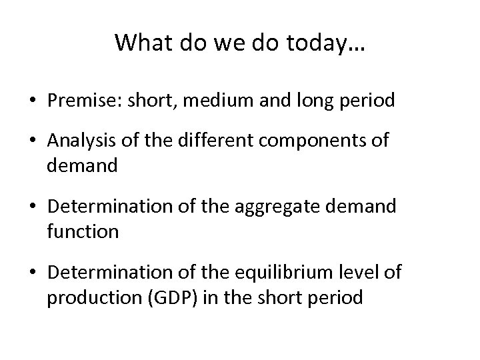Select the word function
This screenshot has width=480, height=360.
[x=83, y=231]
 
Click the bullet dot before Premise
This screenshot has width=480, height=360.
[x=33, y=101]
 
